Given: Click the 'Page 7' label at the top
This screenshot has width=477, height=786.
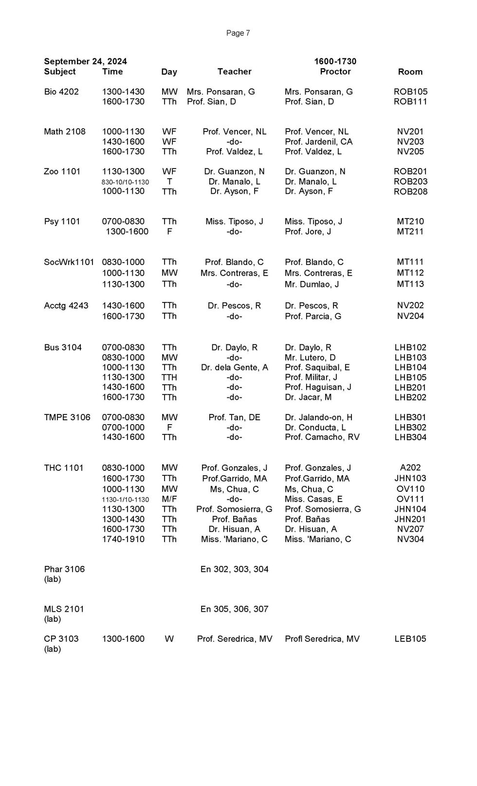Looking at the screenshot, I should click(x=238, y=33).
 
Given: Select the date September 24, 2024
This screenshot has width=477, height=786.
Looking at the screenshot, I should click(x=85, y=61).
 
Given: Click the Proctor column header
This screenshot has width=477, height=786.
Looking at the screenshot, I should click(x=335, y=72).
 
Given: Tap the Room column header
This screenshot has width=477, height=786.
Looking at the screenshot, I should click(x=410, y=72).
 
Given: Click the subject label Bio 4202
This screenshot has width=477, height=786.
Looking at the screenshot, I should click(x=61, y=92).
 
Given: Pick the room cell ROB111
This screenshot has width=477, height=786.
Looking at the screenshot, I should click(x=410, y=102).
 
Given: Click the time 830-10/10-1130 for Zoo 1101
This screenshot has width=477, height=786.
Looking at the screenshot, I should click(x=125, y=182).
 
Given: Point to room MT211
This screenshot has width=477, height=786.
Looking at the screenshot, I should click(x=410, y=232).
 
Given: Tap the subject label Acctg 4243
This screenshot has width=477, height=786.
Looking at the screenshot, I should click(x=66, y=306).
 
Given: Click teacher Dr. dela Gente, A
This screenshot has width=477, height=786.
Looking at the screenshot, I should click(x=234, y=368).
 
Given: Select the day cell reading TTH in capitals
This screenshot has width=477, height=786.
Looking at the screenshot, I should click(x=169, y=377).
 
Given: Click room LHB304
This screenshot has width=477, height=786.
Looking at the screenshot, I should click(x=410, y=437).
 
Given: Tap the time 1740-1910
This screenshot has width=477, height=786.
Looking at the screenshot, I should click(x=123, y=539).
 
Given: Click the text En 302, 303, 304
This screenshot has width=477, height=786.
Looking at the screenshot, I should click(x=234, y=569).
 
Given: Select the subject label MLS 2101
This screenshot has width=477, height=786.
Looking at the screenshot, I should click(x=64, y=609).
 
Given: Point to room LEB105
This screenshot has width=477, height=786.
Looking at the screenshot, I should click(x=410, y=639).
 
